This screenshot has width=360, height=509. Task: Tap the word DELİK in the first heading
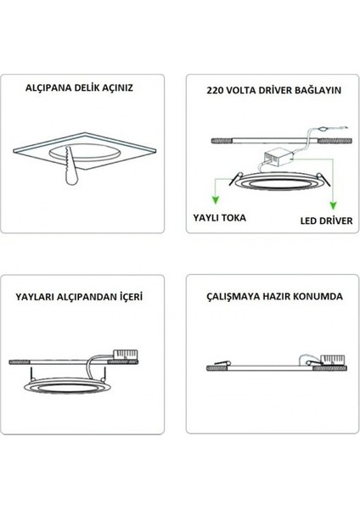(98, 87)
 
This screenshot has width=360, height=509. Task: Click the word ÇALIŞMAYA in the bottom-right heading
(234, 298)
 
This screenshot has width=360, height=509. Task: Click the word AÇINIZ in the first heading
(137, 87)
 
